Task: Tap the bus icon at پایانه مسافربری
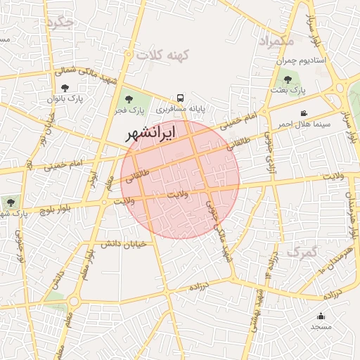(181, 98)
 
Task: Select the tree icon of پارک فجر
(128, 99)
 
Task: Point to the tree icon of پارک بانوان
(65, 88)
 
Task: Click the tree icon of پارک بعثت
(288, 79)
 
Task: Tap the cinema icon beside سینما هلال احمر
(303, 113)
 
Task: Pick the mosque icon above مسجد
(321, 316)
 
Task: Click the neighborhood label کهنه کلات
(160, 54)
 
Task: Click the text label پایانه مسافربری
(162, 110)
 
